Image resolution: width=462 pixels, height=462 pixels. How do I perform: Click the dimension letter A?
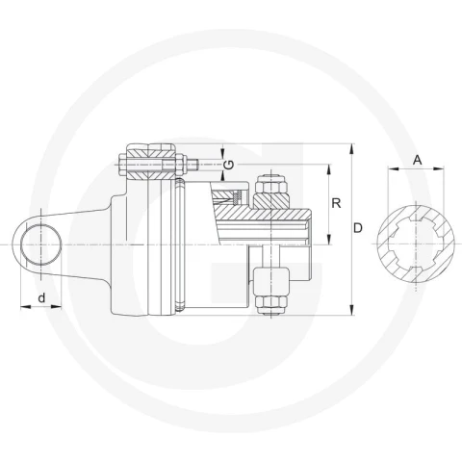click(x=417, y=160)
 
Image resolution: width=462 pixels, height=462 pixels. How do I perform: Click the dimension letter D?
click(x=357, y=228)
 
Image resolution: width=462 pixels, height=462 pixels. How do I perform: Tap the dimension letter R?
click(x=336, y=203)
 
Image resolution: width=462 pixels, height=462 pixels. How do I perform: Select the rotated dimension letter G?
click(x=228, y=165)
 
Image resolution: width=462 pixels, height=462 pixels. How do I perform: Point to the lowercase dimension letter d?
click(x=41, y=297)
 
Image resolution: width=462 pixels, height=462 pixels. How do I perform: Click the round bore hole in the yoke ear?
click(x=41, y=244)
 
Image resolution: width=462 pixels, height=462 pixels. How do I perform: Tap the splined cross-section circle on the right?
click(x=416, y=244)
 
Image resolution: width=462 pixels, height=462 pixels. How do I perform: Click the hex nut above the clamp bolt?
click(x=272, y=184)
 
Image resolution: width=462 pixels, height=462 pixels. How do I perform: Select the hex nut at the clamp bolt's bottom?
click(x=271, y=304)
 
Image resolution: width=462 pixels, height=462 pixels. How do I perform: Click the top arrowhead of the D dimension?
click(x=352, y=149)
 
